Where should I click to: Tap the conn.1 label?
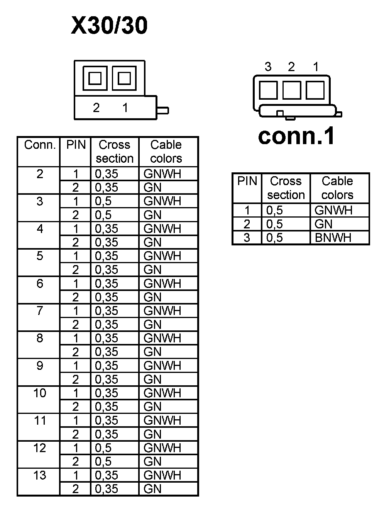(x=296, y=136)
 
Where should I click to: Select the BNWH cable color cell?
(x=333, y=238)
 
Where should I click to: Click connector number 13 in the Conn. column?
(x=40, y=475)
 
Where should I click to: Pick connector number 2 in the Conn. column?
(x=40, y=174)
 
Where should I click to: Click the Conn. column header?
(x=40, y=145)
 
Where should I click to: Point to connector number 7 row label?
(x=40, y=311)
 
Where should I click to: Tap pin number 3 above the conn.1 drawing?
(x=268, y=67)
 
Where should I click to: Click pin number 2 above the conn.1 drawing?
(x=291, y=67)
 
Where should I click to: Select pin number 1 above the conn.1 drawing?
(x=316, y=67)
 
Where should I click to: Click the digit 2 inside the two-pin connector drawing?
(x=96, y=108)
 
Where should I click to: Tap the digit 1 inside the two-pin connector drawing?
(x=125, y=108)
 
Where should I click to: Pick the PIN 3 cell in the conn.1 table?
(x=247, y=238)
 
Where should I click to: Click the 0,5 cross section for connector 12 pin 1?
(x=103, y=448)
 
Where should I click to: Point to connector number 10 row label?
(x=40, y=393)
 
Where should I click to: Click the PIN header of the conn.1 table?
(x=247, y=181)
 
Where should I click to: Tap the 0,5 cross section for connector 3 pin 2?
(x=103, y=215)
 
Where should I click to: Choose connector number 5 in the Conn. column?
(x=40, y=256)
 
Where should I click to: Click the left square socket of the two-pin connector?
(x=95, y=78)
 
